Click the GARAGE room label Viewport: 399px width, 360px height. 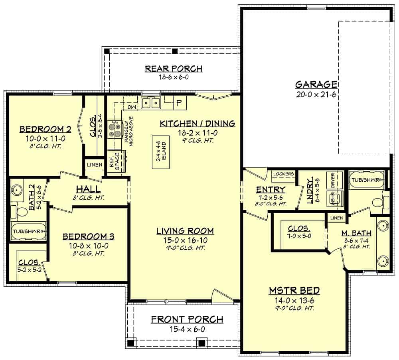316,84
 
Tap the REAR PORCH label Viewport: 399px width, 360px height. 173,69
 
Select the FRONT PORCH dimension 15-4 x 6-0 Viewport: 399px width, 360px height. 187,329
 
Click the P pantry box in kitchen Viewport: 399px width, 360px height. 179,103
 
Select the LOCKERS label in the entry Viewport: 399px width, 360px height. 284,174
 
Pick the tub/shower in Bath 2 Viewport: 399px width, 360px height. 28,231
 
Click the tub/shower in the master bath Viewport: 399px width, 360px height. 367,180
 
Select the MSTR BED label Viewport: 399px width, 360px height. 294,290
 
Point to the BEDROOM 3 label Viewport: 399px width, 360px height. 89,236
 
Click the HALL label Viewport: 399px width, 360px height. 89,190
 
